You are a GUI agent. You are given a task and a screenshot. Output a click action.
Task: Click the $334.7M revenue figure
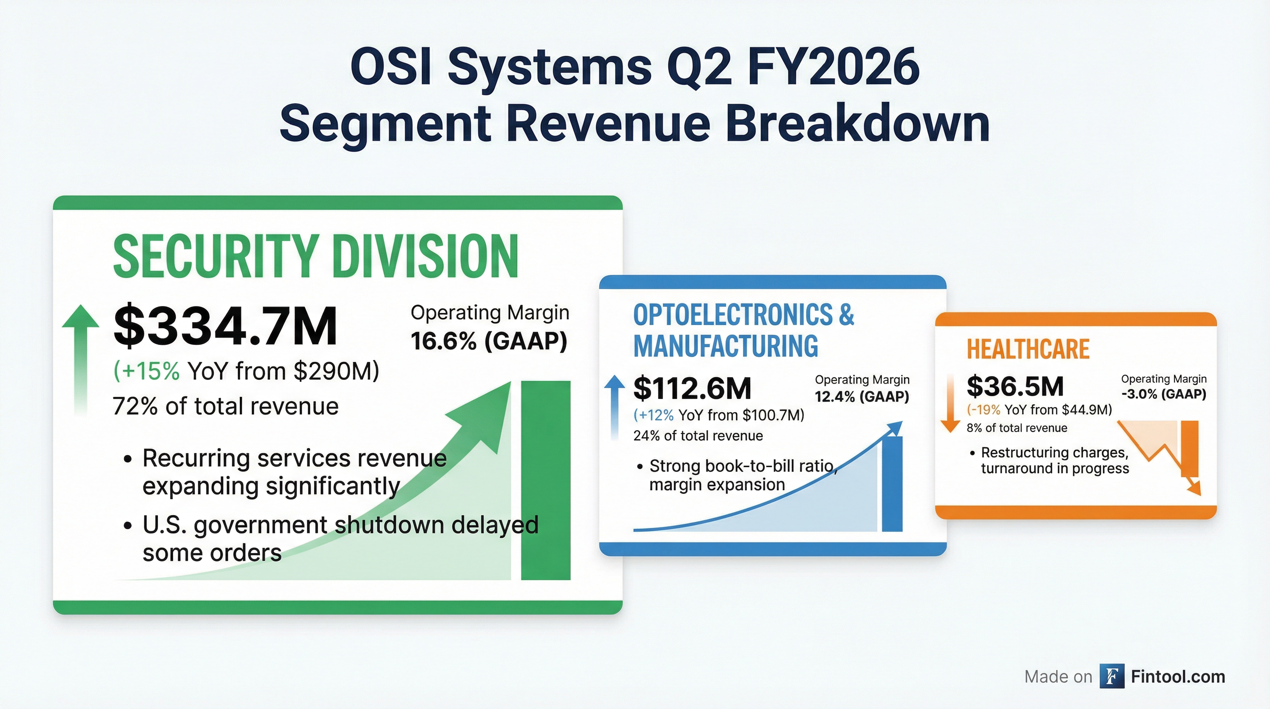(225, 326)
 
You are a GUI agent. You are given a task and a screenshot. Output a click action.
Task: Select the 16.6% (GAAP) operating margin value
(489, 341)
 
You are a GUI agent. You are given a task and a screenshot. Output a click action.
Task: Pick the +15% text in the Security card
(147, 371)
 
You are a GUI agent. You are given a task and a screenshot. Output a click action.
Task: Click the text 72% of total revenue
(225, 406)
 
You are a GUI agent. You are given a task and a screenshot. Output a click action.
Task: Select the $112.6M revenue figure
(692, 388)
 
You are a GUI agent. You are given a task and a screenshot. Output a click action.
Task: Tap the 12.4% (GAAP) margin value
(861, 397)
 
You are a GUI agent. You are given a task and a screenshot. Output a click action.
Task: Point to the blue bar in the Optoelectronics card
(892, 483)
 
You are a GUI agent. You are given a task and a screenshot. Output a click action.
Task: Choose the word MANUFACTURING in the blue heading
(725, 346)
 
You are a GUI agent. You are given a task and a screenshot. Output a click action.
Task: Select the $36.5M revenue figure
(1015, 386)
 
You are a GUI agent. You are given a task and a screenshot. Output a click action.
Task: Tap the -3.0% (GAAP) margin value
(1163, 394)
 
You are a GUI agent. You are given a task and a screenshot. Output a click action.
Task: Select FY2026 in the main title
(833, 66)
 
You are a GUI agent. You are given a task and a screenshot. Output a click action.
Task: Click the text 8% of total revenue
(1016, 428)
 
